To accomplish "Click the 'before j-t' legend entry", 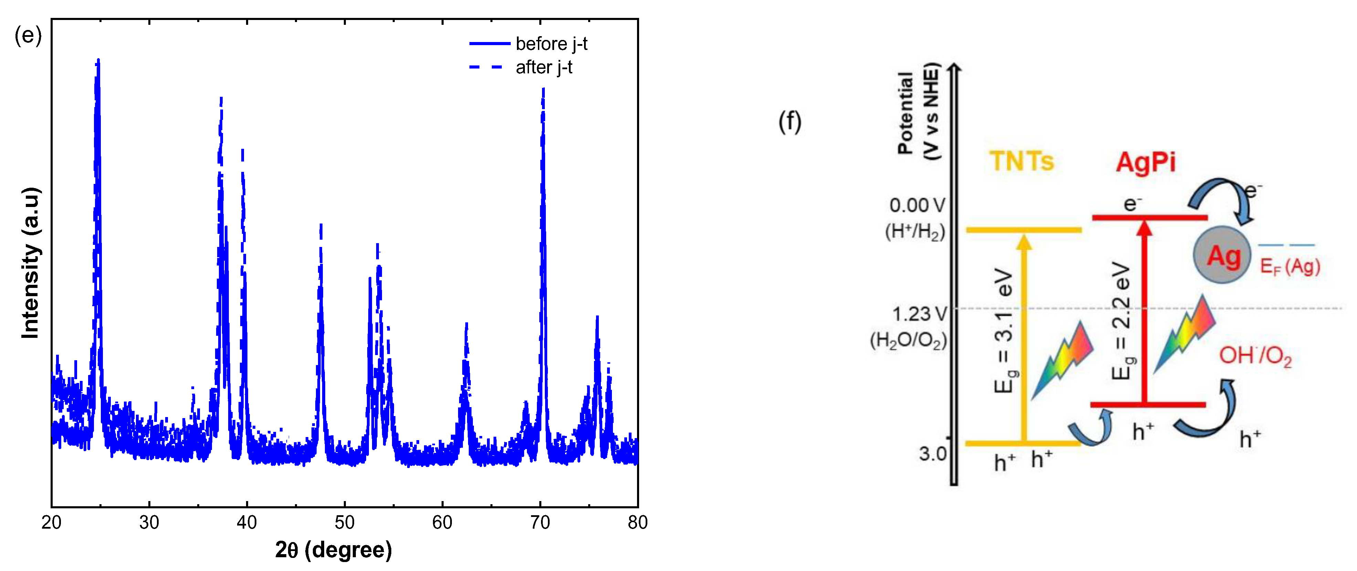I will click(551, 44).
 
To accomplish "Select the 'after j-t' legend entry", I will click(544, 68).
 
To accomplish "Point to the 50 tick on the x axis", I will click(344, 522).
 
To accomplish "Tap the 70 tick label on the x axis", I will click(540, 522).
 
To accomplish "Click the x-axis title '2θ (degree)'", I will click(333, 550).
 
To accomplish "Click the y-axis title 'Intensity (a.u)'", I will click(31, 262).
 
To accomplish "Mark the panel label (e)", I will click(28, 35).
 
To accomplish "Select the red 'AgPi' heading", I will click(1146, 162).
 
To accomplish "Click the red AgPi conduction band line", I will click(1150, 217).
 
